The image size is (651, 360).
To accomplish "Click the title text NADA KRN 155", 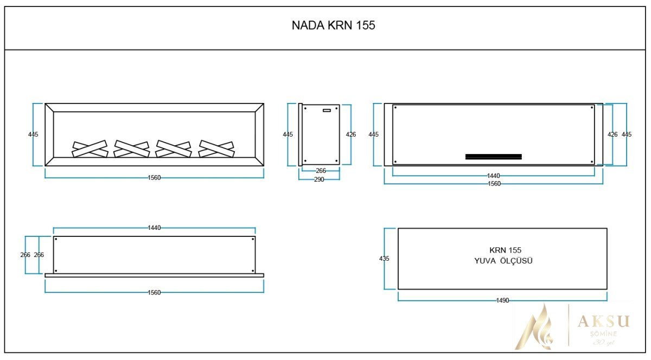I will pyautogui.click(x=333, y=25).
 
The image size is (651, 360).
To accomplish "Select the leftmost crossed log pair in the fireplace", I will pyautogui.click(x=90, y=148).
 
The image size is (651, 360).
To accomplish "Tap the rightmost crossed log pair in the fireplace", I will pyautogui.click(x=216, y=148).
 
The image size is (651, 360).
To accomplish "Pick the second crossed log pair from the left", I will pyautogui.click(x=132, y=148).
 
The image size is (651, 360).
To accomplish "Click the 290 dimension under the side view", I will pyautogui.click(x=319, y=179).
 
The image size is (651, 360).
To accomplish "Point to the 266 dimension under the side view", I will pyautogui.click(x=321, y=171).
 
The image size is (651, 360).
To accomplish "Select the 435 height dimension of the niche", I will pyautogui.click(x=384, y=259).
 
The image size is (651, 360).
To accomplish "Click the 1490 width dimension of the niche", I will pyautogui.click(x=502, y=300).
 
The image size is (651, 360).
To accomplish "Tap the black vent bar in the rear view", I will pyautogui.click(x=494, y=157).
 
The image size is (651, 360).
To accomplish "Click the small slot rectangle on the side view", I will pyautogui.click(x=327, y=110).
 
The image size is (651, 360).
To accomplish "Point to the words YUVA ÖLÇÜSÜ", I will pyautogui.click(x=503, y=261).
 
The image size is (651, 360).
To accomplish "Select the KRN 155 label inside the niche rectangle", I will pyautogui.click(x=505, y=250).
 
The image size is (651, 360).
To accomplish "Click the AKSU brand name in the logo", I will pyautogui.click(x=603, y=322).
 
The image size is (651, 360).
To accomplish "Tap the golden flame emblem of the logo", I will pyautogui.click(x=534, y=326).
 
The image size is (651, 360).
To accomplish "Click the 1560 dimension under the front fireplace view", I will pyautogui.click(x=154, y=177).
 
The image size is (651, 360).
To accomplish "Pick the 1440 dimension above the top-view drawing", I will pyautogui.click(x=154, y=228).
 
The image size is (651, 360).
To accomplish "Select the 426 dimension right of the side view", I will pyautogui.click(x=351, y=134).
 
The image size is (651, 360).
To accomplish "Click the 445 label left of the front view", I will pyautogui.click(x=34, y=134).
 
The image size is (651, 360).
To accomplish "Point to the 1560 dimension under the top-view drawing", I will pyautogui.click(x=154, y=293).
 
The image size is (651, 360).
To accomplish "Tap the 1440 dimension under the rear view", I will pyautogui.click(x=493, y=176).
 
